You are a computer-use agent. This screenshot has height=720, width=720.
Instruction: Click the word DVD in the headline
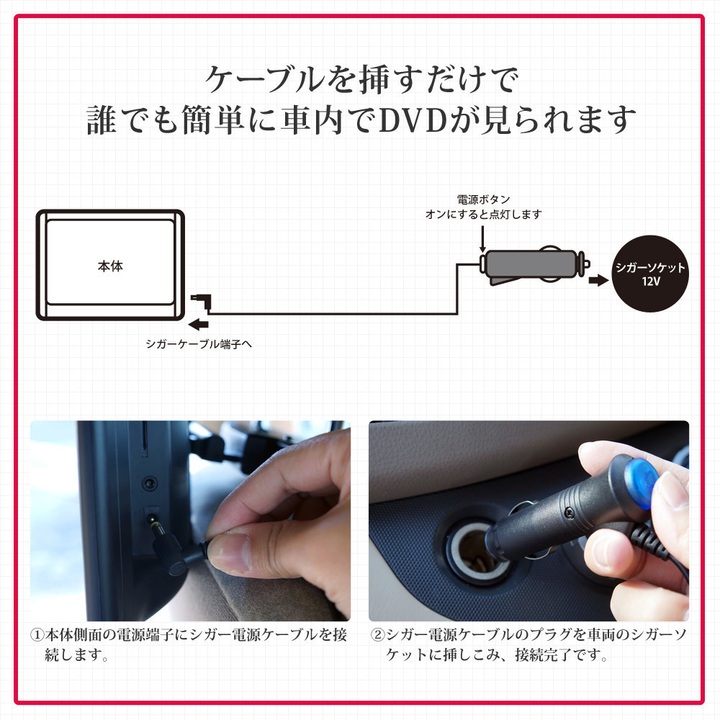(x=413, y=120)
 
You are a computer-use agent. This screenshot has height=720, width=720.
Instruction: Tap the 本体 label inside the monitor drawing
(x=110, y=266)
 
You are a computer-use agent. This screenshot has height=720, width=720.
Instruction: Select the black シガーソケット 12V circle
(x=650, y=274)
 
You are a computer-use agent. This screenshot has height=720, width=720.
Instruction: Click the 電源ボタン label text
(x=484, y=199)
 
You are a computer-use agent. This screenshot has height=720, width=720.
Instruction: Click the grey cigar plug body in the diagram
(x=530, y=264)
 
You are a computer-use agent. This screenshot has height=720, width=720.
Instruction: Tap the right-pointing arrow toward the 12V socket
(x=599, y=279)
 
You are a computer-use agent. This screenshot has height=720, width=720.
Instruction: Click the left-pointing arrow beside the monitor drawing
(x=199, y=324)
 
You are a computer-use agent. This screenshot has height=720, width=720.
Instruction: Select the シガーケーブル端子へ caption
(x=199, y=344)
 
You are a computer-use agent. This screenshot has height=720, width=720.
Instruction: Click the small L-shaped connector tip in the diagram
(x=202, y=301)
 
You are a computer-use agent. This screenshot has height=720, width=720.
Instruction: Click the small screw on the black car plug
(x=570, y=511)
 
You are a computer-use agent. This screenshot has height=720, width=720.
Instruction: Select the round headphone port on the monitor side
(x=149, y=483)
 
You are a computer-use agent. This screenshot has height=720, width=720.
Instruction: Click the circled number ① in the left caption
(x=37, y=635)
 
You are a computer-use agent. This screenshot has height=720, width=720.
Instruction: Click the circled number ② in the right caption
(x=377, y=635)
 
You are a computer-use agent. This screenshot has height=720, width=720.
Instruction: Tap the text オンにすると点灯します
(x=484, y=215)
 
